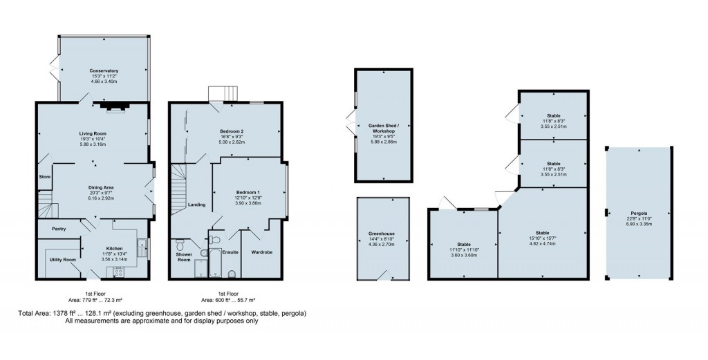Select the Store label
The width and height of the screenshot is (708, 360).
point(45,177)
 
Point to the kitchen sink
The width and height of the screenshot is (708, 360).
point(141,243)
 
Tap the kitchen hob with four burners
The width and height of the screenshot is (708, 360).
point(117,272)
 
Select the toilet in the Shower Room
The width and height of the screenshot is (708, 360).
point(180,245)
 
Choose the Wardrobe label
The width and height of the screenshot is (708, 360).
point(261,252)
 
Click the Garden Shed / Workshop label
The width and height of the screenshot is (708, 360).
point(382,128)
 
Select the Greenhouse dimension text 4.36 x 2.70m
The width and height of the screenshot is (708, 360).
point(382,244)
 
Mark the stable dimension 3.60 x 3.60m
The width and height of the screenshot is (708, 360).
point(463,255)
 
